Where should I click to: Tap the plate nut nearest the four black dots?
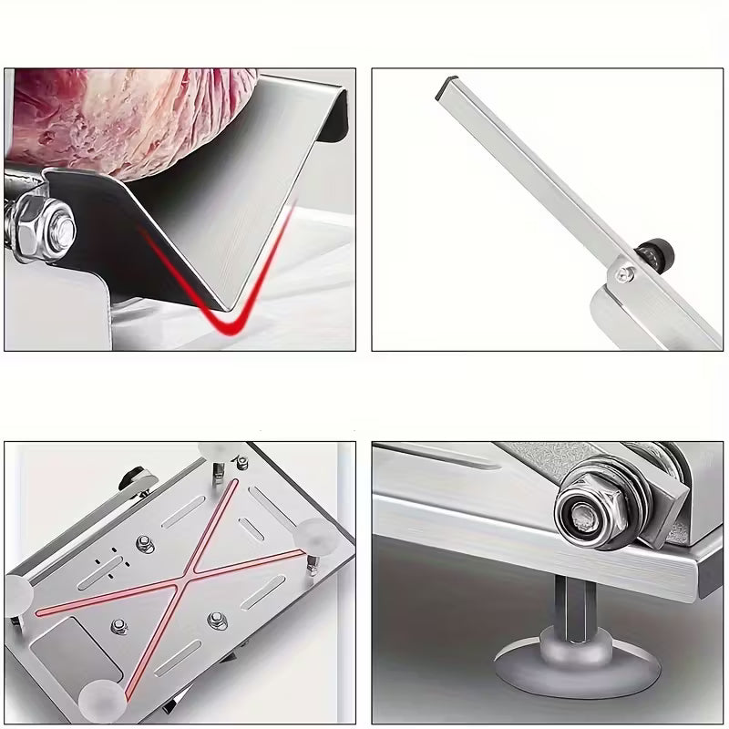point(144,544)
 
